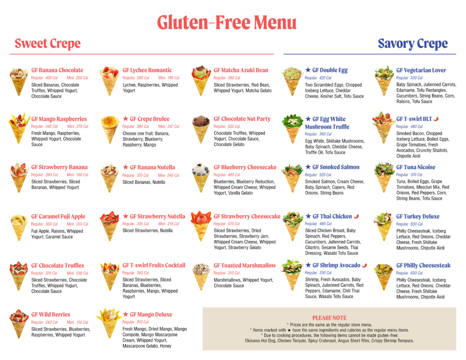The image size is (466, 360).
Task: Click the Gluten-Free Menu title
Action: [227, 22]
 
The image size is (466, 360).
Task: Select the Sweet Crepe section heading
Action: [48, 44]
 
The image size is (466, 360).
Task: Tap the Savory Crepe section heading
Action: [413, 44]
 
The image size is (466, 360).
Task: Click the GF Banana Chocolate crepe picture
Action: [19, 81]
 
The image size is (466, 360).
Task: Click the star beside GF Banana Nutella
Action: [125, 167]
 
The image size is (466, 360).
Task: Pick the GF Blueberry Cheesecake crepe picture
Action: [200, 176]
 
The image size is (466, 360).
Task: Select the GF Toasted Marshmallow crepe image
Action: [200, 275]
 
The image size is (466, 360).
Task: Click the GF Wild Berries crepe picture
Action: [19, 323]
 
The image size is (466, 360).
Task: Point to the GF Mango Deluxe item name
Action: [151, 314]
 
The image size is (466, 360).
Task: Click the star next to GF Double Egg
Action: [308, 70]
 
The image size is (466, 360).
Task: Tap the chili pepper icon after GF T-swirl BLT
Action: [436, 119]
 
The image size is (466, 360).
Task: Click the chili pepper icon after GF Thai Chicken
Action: [357, 216]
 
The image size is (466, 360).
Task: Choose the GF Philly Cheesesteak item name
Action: [423, 265]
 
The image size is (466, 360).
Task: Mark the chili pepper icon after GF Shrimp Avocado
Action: [365, 265]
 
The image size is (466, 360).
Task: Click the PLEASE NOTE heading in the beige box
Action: [329, 318]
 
